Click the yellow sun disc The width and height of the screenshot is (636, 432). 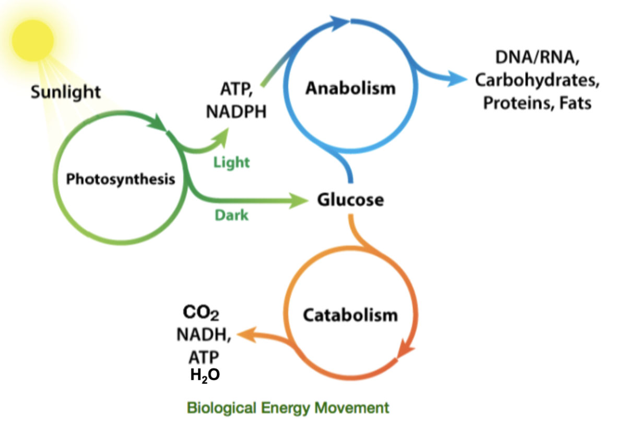pyautogui.click(x=33, y=40)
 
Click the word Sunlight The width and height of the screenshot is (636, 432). pyautogui.click(x=65, y=92)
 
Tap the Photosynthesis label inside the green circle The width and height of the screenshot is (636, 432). pyautogui.click(x=120, y=179)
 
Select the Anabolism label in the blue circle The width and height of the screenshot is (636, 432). pyautogui.click(x=350, y=87)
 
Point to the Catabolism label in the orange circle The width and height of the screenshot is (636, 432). pyautogui.click(x=350, y=315)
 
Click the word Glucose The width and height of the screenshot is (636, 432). pyautogui.click(x=350, y=200)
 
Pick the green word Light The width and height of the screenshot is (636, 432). pyautogui.click(x=231, y=162)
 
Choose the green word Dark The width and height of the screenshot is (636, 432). pyautogui.click(x=231, y=214)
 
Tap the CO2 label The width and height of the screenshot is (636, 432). pyautogui.click(x=201, y=314)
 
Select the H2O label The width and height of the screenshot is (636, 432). pyautogui.click(x=205, y=374)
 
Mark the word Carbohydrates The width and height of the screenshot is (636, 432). pyautogui.click(x=537, y=82)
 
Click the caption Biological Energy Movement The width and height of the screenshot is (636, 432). pyautogui.click(x=288, y=407)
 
